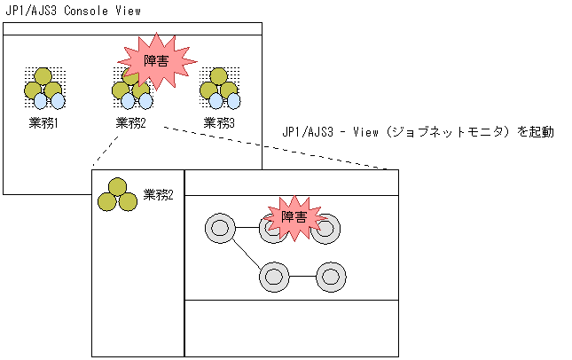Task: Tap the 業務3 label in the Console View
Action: [220, 122]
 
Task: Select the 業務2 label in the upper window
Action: [131, 122]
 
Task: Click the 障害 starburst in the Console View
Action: [157, 61]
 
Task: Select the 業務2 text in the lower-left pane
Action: [158, 194]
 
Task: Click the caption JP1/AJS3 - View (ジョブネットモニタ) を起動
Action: [418, 132]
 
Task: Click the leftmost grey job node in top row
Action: [219, 229]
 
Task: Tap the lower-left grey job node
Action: [274, 277]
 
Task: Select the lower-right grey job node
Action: [330, 277]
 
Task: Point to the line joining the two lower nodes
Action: [302, 277]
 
